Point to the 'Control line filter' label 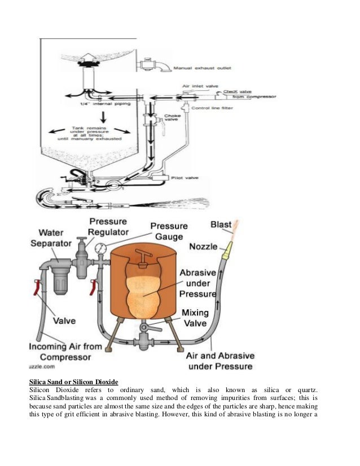(x=212, y=107)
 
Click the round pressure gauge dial (x=100, y=249)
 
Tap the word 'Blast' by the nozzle (x=221, y=225)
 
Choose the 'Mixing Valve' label (x=195, y=318)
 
